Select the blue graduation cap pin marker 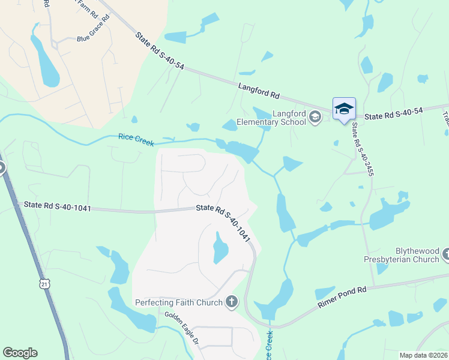[x=344, y=109]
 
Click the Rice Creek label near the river [x=136, y=140]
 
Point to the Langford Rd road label [x=259, y=91]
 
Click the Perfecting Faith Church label [x=179, y=302]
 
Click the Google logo [x=20, y=353]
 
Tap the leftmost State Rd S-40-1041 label [x=57, y=206]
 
